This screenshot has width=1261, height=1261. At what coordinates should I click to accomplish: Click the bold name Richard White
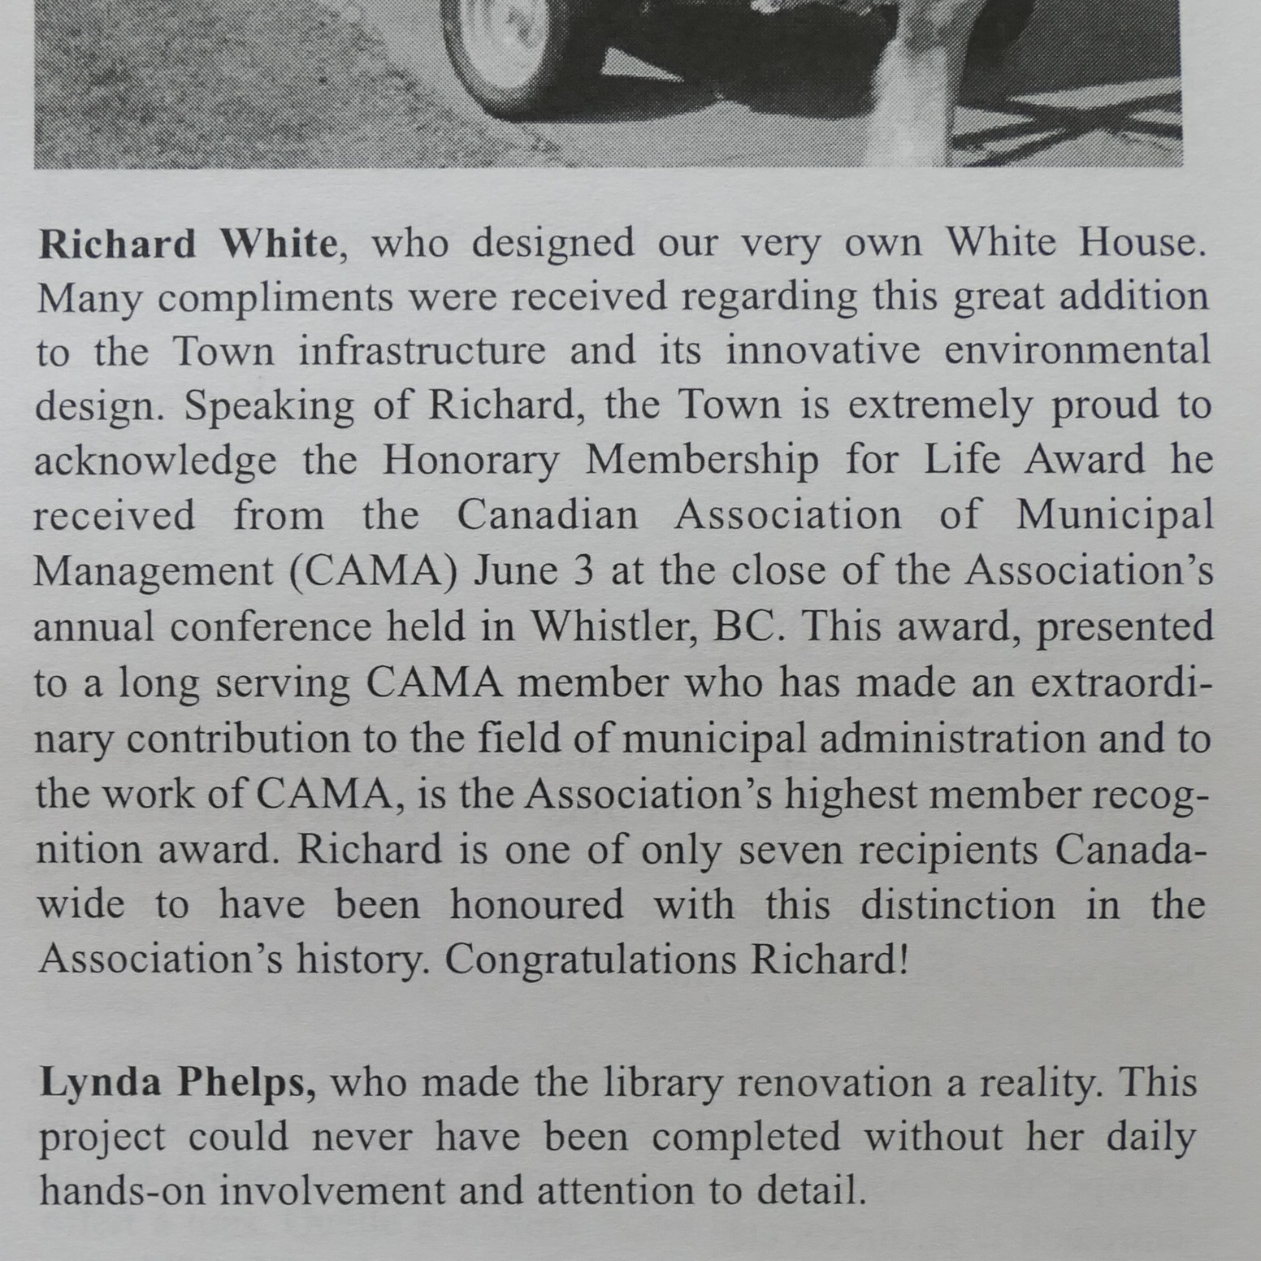tap(187, 244)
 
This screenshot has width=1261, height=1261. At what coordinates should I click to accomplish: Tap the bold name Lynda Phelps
tap(177, 1083)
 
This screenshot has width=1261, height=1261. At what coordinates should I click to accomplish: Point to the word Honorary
tap(470, 461)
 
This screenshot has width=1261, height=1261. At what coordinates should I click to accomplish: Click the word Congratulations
tap(590, 960)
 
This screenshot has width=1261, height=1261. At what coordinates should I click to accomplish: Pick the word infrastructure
tap(422, 352)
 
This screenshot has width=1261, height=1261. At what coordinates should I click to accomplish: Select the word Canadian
tap(547, 516)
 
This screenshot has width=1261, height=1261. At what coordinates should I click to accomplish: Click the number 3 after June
tap(583, 571)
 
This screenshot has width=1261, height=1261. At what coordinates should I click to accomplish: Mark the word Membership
tap(702, 461)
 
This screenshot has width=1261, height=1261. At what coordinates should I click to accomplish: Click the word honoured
tap(536, 904)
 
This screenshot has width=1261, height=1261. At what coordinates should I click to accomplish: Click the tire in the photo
tap(520, 49)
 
